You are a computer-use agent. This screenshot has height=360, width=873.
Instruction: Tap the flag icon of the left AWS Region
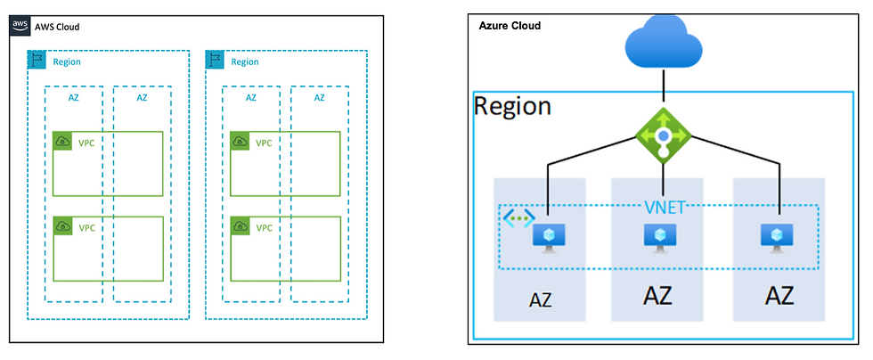click(37, 61)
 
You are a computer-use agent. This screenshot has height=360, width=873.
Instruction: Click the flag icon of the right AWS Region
click(215, 61)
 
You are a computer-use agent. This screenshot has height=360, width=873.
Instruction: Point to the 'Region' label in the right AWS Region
click(245, 61)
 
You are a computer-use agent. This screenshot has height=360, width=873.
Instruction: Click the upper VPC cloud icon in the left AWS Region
click(62, 142)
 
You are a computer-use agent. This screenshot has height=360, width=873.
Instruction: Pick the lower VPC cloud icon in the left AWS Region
click(62, 226)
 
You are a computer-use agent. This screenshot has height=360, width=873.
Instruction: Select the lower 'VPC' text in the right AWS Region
click(265, 227)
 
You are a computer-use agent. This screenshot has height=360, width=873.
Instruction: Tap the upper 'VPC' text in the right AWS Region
click(265, 143)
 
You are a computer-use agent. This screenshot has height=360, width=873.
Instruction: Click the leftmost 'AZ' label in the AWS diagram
click(73, 97)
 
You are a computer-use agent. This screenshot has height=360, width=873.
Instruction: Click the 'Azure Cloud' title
click(510, 26)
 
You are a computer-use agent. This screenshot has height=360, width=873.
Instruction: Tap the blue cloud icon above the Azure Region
click(664, 45)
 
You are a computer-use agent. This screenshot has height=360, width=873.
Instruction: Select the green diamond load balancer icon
click(664, 135)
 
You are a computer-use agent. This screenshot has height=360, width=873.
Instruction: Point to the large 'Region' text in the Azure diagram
click(512, 106)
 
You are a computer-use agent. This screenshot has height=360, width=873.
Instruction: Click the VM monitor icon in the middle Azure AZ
click(659, 236)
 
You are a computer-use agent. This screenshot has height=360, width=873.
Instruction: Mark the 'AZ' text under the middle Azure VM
click(659, 296)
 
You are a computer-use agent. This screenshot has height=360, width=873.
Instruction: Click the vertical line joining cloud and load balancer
click(664, 89)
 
